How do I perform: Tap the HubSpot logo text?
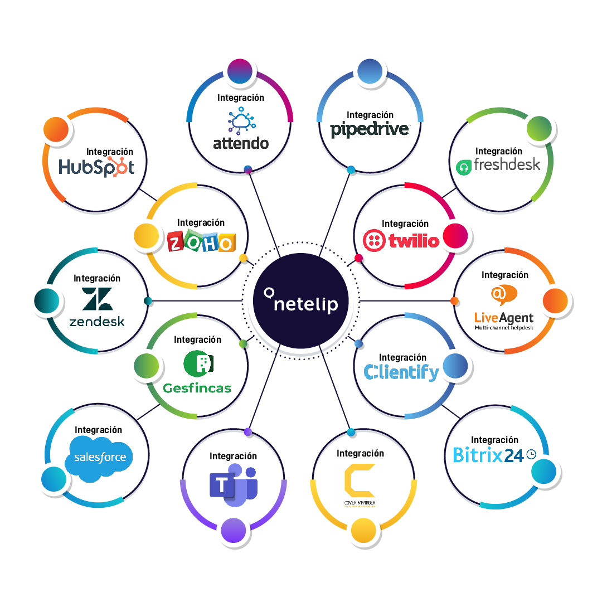click(x=96, y=167)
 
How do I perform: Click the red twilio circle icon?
click(x=373, y=241)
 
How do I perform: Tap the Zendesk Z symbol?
click(x=97, y=299)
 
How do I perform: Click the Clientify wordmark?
click(x=401, y=372)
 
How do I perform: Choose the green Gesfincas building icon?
click(x=198, y=364)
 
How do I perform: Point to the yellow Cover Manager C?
click(x=360, y=480)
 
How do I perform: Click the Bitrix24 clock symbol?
click(x=531, y=455)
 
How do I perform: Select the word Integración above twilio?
click(x=405, y=224)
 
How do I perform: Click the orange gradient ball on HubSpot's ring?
click(x=56, y=130)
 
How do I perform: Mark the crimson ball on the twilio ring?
click(x=455, y=236)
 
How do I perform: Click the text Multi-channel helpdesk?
click(x=504, y=328)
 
